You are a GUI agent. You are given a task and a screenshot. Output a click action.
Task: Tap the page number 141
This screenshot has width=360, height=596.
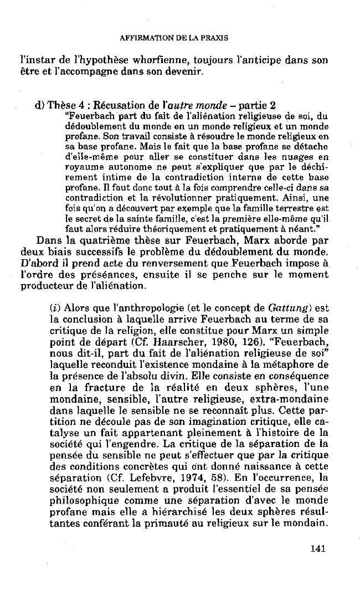(318, 548)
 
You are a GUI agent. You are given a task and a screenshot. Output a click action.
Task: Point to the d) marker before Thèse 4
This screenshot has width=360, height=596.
(38, 106)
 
